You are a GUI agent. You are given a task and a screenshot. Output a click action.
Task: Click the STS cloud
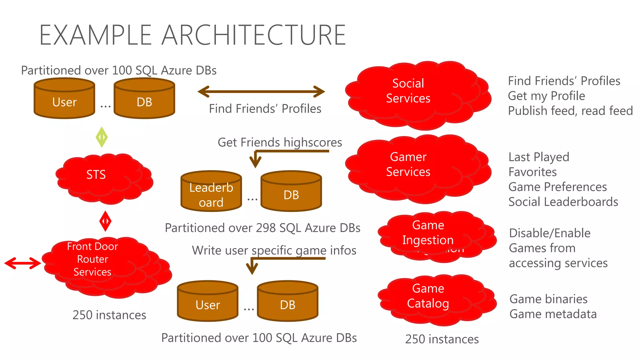(x=100, y=178)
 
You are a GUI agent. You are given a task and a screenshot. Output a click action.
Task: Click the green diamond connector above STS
(x=102, y=137)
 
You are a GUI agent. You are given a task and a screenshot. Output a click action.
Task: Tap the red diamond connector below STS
(x=105, y=221)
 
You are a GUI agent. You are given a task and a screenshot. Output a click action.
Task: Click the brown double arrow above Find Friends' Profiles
(x=261, y=92)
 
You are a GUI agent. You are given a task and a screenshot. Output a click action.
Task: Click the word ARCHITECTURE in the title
(x=253, y=35)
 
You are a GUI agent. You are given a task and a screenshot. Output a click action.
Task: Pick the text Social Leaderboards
(x=563, y=202)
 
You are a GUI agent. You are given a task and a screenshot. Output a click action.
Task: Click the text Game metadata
(x=553, y=314)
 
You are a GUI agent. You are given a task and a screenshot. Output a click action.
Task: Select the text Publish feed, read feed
(x=570, y=111)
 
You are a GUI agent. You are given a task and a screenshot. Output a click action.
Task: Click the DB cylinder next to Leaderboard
(x=291, y=191)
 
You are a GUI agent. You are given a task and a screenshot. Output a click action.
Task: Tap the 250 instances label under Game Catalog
(x=442, y=339)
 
